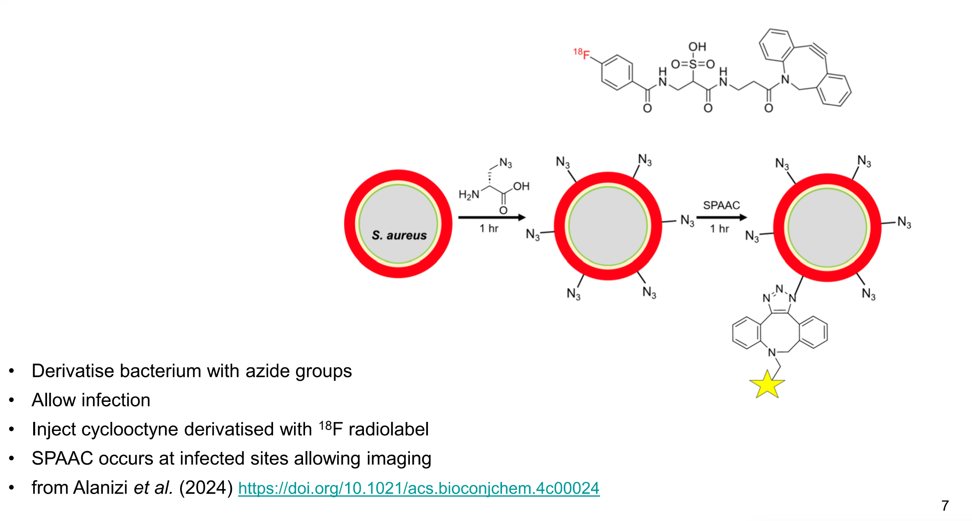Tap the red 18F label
click(581, 54)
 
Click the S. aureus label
click(399, 235)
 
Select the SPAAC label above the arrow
click(721, 205)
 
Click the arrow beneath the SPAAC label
click(721, 217)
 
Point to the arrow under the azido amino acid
click(492, 217)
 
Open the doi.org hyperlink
click(418, 488)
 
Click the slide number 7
click(945, 506)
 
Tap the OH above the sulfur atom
click(697, 47)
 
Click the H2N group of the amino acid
click(469, 195)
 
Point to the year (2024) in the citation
click(206, 488)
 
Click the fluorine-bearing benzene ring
click(617, 72)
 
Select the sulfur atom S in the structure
click(693, 64)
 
